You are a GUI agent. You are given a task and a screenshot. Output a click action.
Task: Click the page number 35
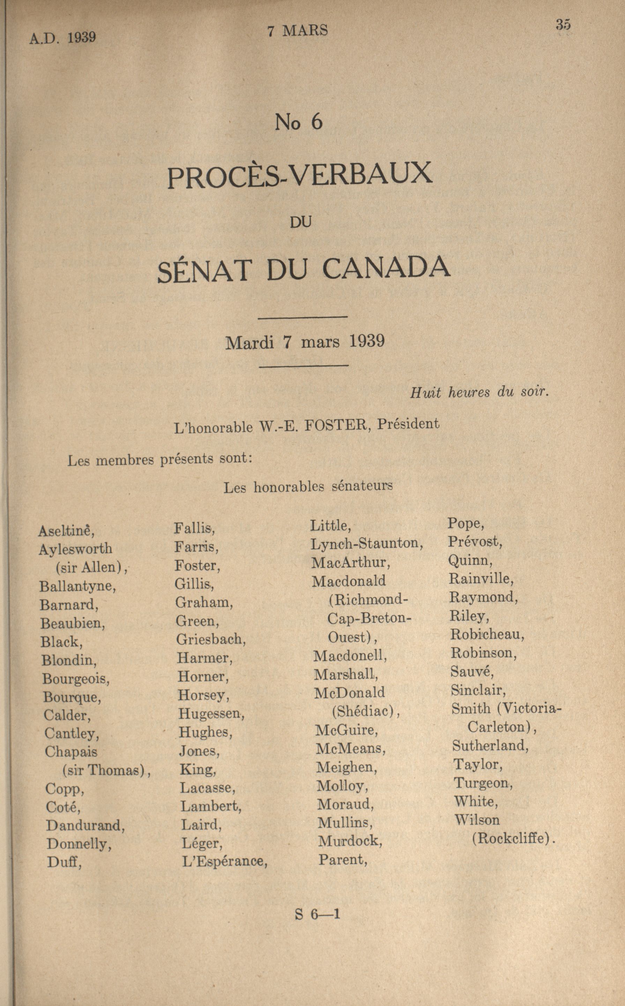pyautogui.click(x=563, y=24)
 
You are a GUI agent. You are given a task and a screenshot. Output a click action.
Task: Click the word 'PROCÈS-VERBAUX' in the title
pyautogui.click(x=300, y=175)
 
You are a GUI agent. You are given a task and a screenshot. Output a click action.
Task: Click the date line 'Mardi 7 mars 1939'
pyautogui.click(x=305, y=342)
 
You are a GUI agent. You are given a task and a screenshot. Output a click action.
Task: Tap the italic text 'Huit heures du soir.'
pyautogui.click(x=479, y=392)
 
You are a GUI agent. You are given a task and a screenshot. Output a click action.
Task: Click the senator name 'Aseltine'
pyautogui.click(x=66, y=530)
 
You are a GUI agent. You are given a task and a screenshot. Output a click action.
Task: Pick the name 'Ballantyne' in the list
pyautogui.click(x=77, y=587)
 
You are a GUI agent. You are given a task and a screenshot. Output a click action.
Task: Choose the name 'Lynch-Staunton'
pyautogui.click(x=366, y=544)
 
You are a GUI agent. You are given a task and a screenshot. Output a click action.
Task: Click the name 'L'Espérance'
pyautogui.click(x=224, y=861)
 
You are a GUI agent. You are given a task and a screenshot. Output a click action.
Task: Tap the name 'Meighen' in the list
pyautogui.click(x=347, y=768)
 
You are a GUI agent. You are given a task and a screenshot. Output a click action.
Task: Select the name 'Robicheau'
pyautogui.click(x=486, y=634)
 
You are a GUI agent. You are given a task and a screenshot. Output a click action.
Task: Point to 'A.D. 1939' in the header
pyautogui.click(x=62, y=38)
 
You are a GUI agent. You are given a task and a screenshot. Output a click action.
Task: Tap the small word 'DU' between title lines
pyautogui.click(x=300, y=222)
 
